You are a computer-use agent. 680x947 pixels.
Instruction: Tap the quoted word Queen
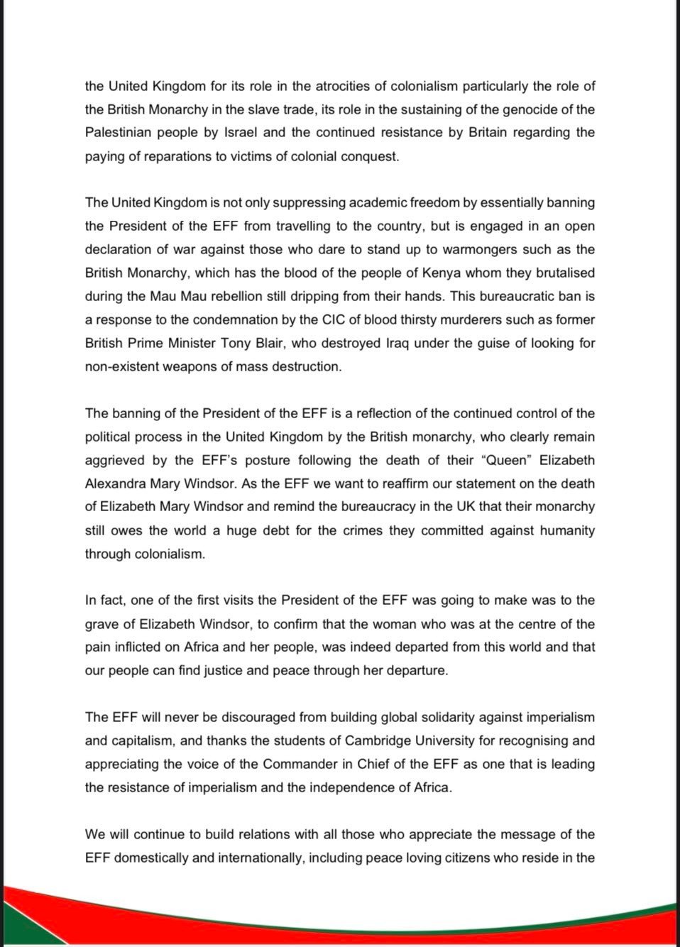[x=507, y=461]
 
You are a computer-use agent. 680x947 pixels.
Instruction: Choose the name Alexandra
[x=116, y=484]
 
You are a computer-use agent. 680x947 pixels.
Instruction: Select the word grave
[x=102, y=625]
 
